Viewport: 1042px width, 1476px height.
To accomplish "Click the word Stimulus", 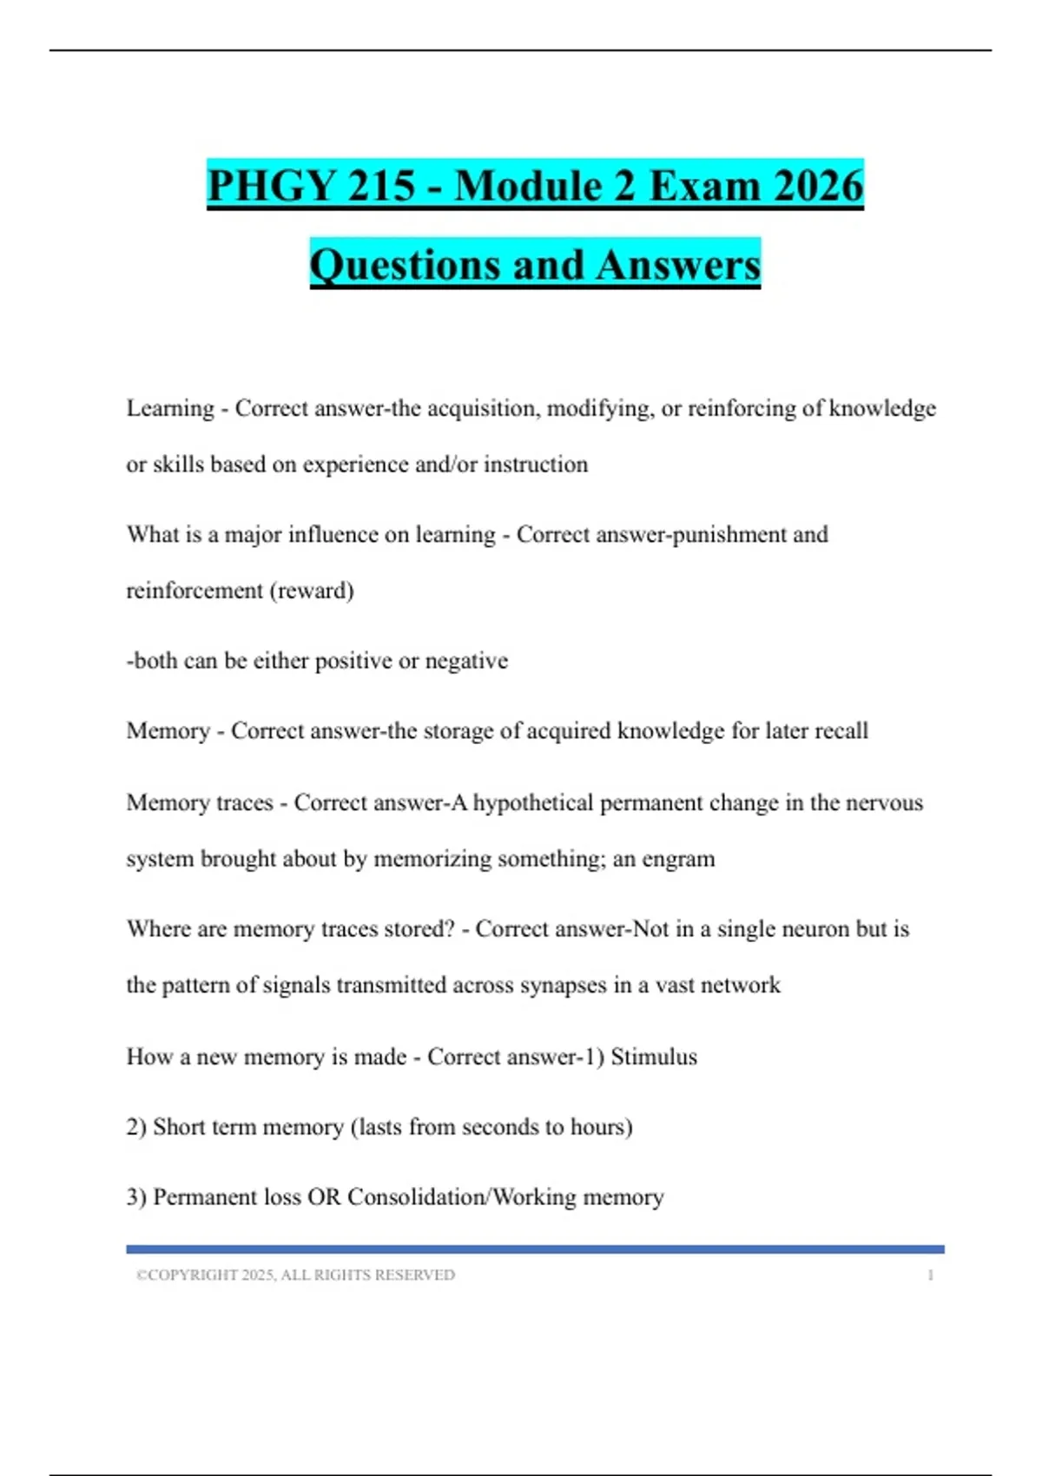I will click(x=654, y=1057).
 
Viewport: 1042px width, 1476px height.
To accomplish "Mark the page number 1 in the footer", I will click(x=930, y=1275).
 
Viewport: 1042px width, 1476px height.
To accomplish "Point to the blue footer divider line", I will click(x=535, y=1249).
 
